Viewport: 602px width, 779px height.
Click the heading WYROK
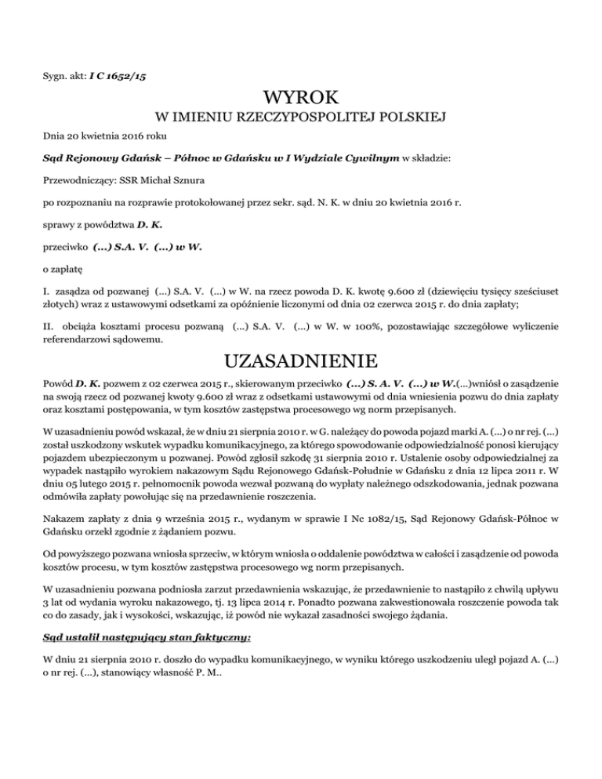pos(301,100)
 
